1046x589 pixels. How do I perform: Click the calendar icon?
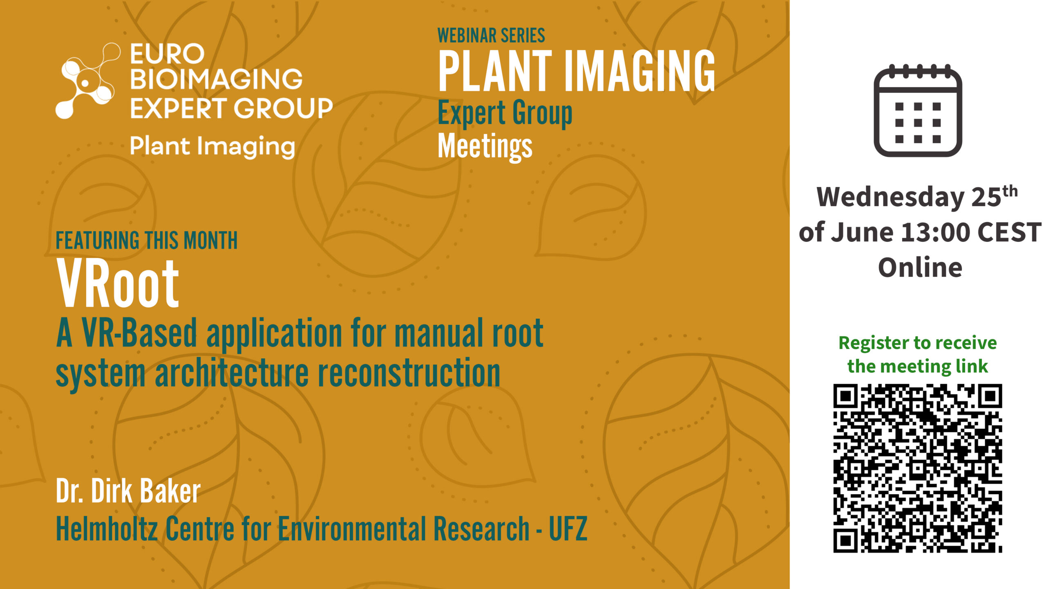click(x=918, y=110)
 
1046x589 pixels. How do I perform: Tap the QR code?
click(x=918, y=468)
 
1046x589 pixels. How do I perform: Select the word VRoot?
click(x=118, y=283)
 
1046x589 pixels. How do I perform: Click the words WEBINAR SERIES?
click(x=491, y=36)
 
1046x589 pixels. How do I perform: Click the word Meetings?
click(x=485, y=147)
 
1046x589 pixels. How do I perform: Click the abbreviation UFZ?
click(x=568, y=528)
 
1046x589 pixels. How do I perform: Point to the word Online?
click(x=920, y=268)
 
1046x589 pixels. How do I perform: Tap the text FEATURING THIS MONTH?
click(x=147, y=241)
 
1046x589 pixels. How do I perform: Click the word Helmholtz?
click(x=107, y=528)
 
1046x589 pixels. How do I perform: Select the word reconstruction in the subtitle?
click(x=409, y=372)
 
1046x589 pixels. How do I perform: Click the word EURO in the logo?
click(x=167, y=54)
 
